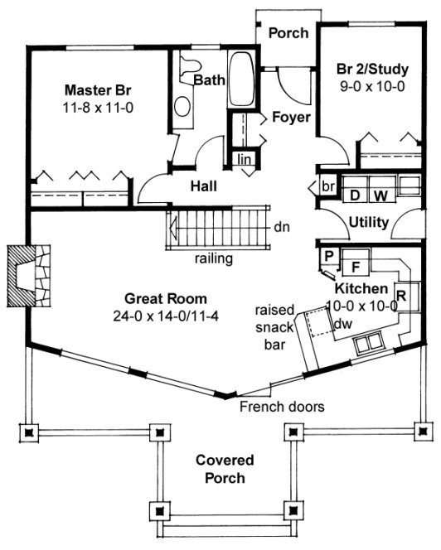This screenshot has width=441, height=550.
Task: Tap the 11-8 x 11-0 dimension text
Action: pyautogui.click(x=98, y=108)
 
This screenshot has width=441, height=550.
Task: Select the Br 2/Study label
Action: pyautogui.click(x=371, y=67)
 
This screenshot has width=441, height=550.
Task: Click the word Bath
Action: pyautogui.click(x=209, y=80)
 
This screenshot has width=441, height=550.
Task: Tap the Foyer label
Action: pyautogui.click(x=291, y=118)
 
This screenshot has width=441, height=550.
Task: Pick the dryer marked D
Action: pyautogui.click(x=355, y=195)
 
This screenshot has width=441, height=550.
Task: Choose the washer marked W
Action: pyautogui.click(x=380, y=195)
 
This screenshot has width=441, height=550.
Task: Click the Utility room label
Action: pyautogui.click(x=369, y=223)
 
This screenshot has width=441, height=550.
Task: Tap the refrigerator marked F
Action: pyautogui.click(x=356, y=267)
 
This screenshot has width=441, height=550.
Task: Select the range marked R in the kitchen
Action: pyautogui.click(x=401, y=293)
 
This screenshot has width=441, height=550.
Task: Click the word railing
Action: pyautogui.click(x=213, y=258)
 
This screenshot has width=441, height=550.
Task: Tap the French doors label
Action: pyautogui.click(x=282, y=407)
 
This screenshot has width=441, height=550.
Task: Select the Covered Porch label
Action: pyautogui.click(x=225, y=469)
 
